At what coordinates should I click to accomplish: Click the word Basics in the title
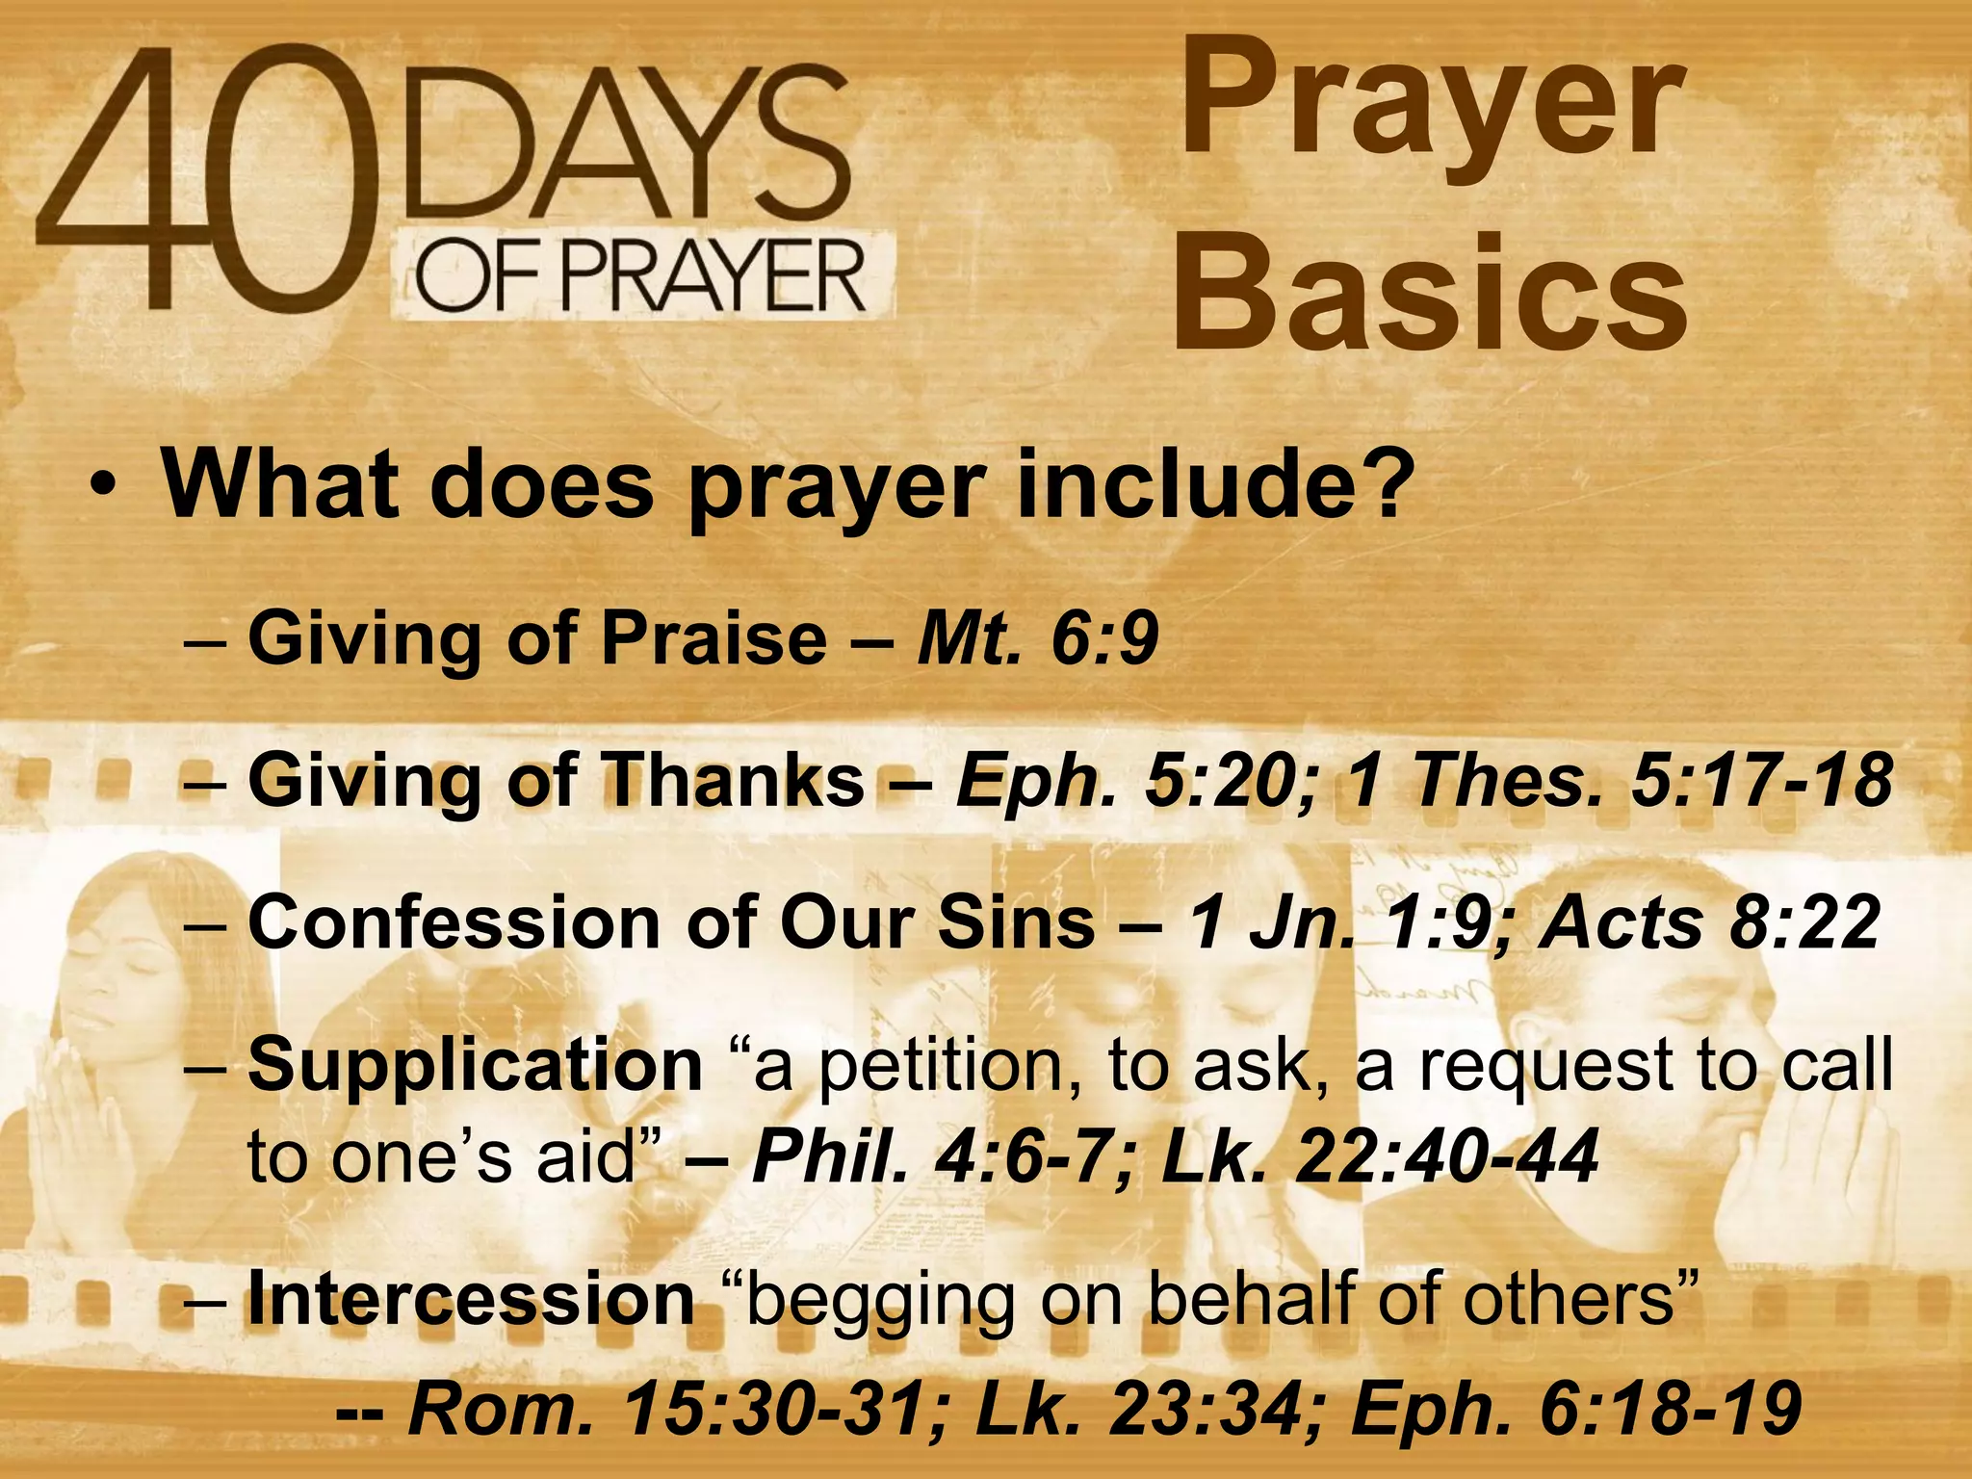point(1429,293)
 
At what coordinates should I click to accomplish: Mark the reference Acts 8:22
point(1709,921)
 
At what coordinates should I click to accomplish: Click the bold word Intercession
point(471,1299)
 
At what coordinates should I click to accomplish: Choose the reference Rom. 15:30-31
point(679,1410)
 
